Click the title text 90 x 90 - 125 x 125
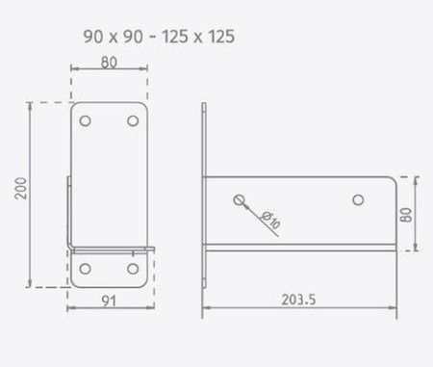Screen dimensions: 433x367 point(159,37)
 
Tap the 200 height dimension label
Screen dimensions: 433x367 point(21,189)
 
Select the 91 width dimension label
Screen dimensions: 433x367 point(109,301)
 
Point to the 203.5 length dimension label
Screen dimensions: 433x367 point(298,300)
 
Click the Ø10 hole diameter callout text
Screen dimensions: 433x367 point(270,220)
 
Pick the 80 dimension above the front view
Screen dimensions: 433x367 point(109,63)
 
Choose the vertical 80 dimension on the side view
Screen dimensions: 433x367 point(406,215)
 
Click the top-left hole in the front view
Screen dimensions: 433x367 point(85,121)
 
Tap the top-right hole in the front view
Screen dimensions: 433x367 point(133,121)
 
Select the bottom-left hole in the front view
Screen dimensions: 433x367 point(85,269)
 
